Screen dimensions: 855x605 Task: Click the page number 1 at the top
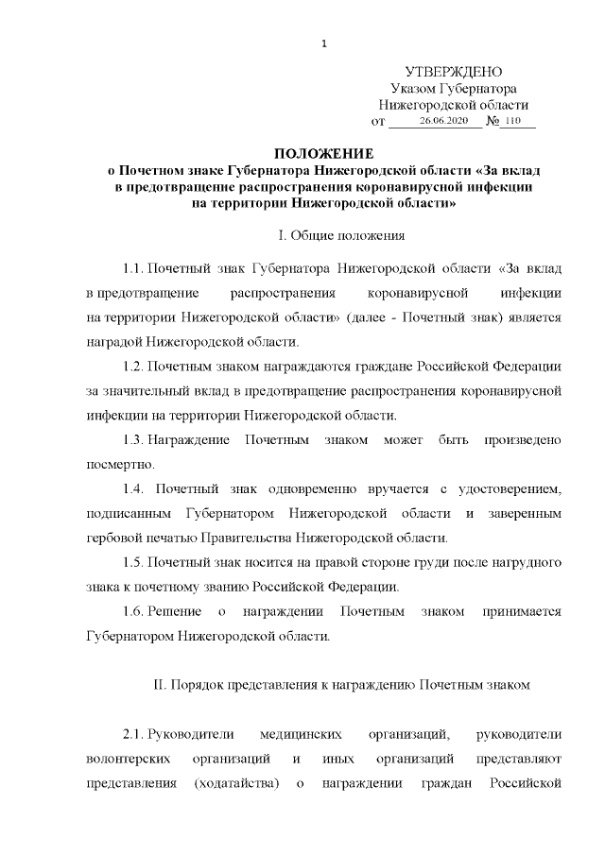(x=323, y=43)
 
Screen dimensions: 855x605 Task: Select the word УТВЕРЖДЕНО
(x=453, y=72)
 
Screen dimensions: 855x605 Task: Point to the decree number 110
(x=513, y=122)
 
